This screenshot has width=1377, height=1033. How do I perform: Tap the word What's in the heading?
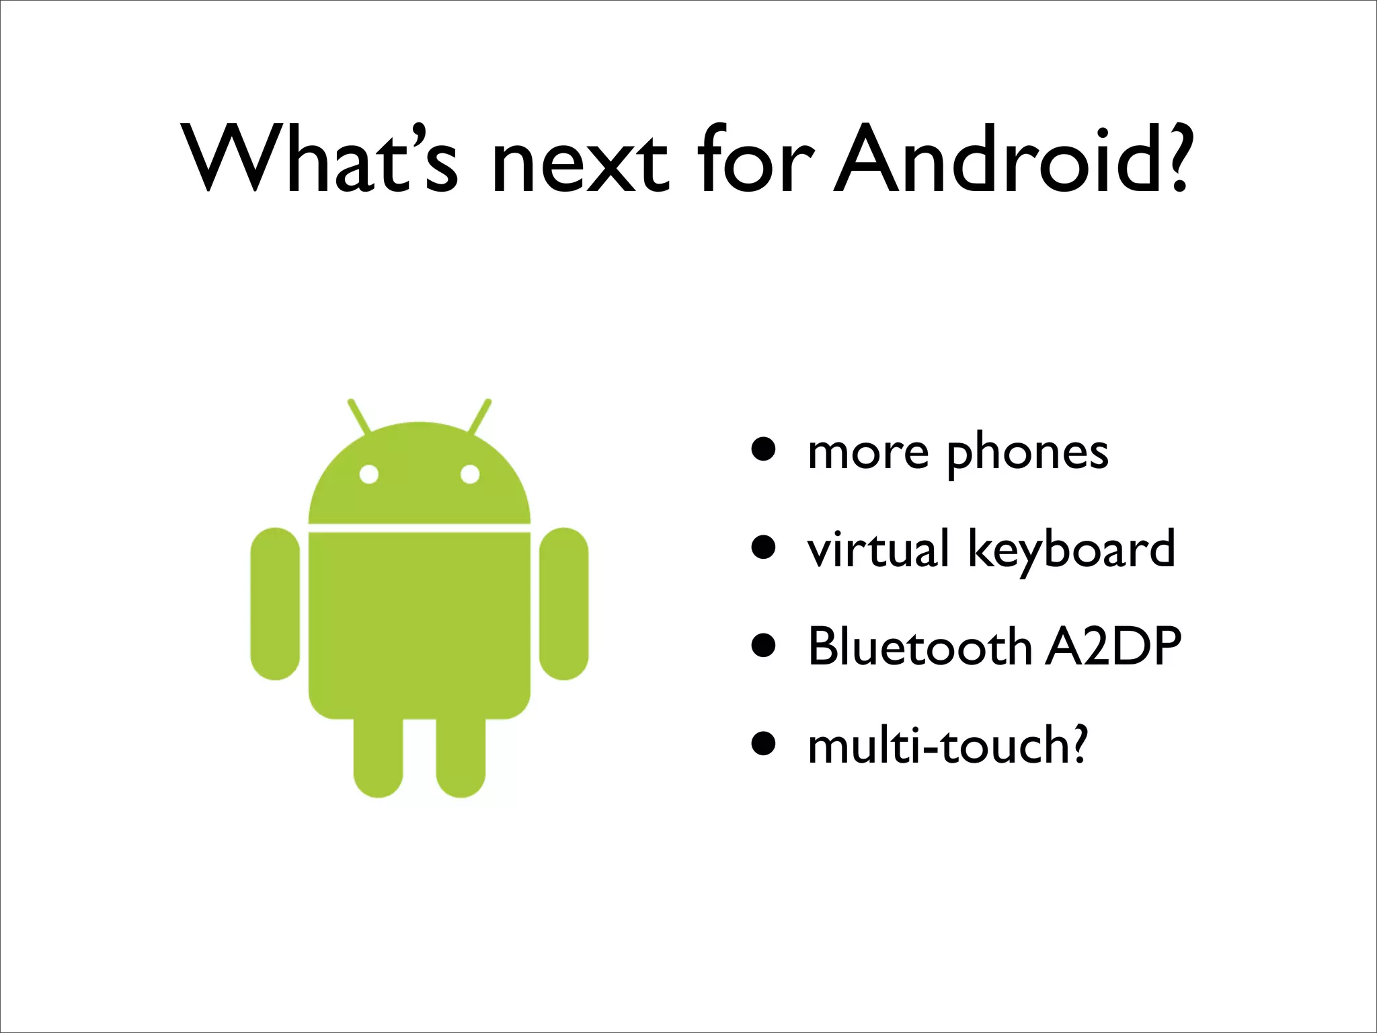coord(319,160)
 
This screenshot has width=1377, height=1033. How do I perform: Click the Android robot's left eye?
coord(368,475)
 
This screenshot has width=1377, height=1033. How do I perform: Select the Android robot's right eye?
coord(470,475)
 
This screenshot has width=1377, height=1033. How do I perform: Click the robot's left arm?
coord(275,603)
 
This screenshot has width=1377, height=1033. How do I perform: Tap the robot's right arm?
coord(564,603)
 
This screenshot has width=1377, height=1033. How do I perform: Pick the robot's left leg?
coord(379,757)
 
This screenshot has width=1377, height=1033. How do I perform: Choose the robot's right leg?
coord(461,757)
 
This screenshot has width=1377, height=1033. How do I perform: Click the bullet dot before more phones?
coord(764,449)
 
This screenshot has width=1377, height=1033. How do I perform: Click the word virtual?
coord(878,549)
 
